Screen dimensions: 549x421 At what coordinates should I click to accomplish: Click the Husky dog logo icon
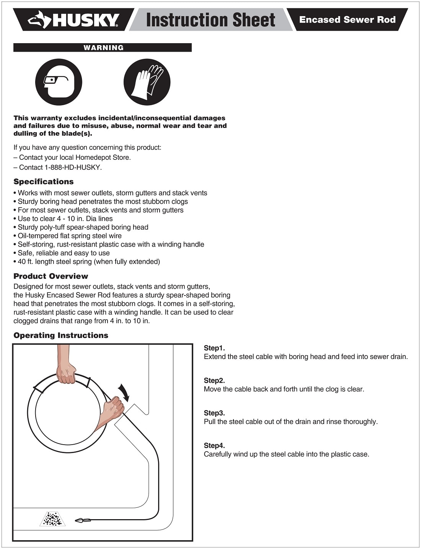point(39,20)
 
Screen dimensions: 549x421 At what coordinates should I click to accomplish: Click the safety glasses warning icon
point(59,82)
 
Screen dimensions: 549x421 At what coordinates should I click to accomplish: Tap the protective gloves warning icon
point(147,82)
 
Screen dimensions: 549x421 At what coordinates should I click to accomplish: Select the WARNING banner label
point(103,48)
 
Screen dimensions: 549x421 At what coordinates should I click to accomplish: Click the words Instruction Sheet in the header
point(210,20)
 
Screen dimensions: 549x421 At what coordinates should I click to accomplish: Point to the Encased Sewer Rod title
point(347,20)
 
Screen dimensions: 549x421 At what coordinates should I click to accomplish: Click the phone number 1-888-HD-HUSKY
point(73,167)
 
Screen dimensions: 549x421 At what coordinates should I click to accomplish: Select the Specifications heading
point(44,182)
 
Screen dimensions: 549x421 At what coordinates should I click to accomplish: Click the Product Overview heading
point(51,276)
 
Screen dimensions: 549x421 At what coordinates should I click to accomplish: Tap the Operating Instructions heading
point(61,335)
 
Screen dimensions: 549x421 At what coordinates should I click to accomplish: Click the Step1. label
point(214,348)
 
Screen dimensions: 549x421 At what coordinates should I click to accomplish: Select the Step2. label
point(214,380)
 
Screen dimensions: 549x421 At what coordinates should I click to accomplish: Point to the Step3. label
point(214,413)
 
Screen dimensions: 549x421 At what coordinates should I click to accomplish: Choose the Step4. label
point(214,445)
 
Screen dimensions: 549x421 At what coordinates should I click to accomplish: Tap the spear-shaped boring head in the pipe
point(83,520)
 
